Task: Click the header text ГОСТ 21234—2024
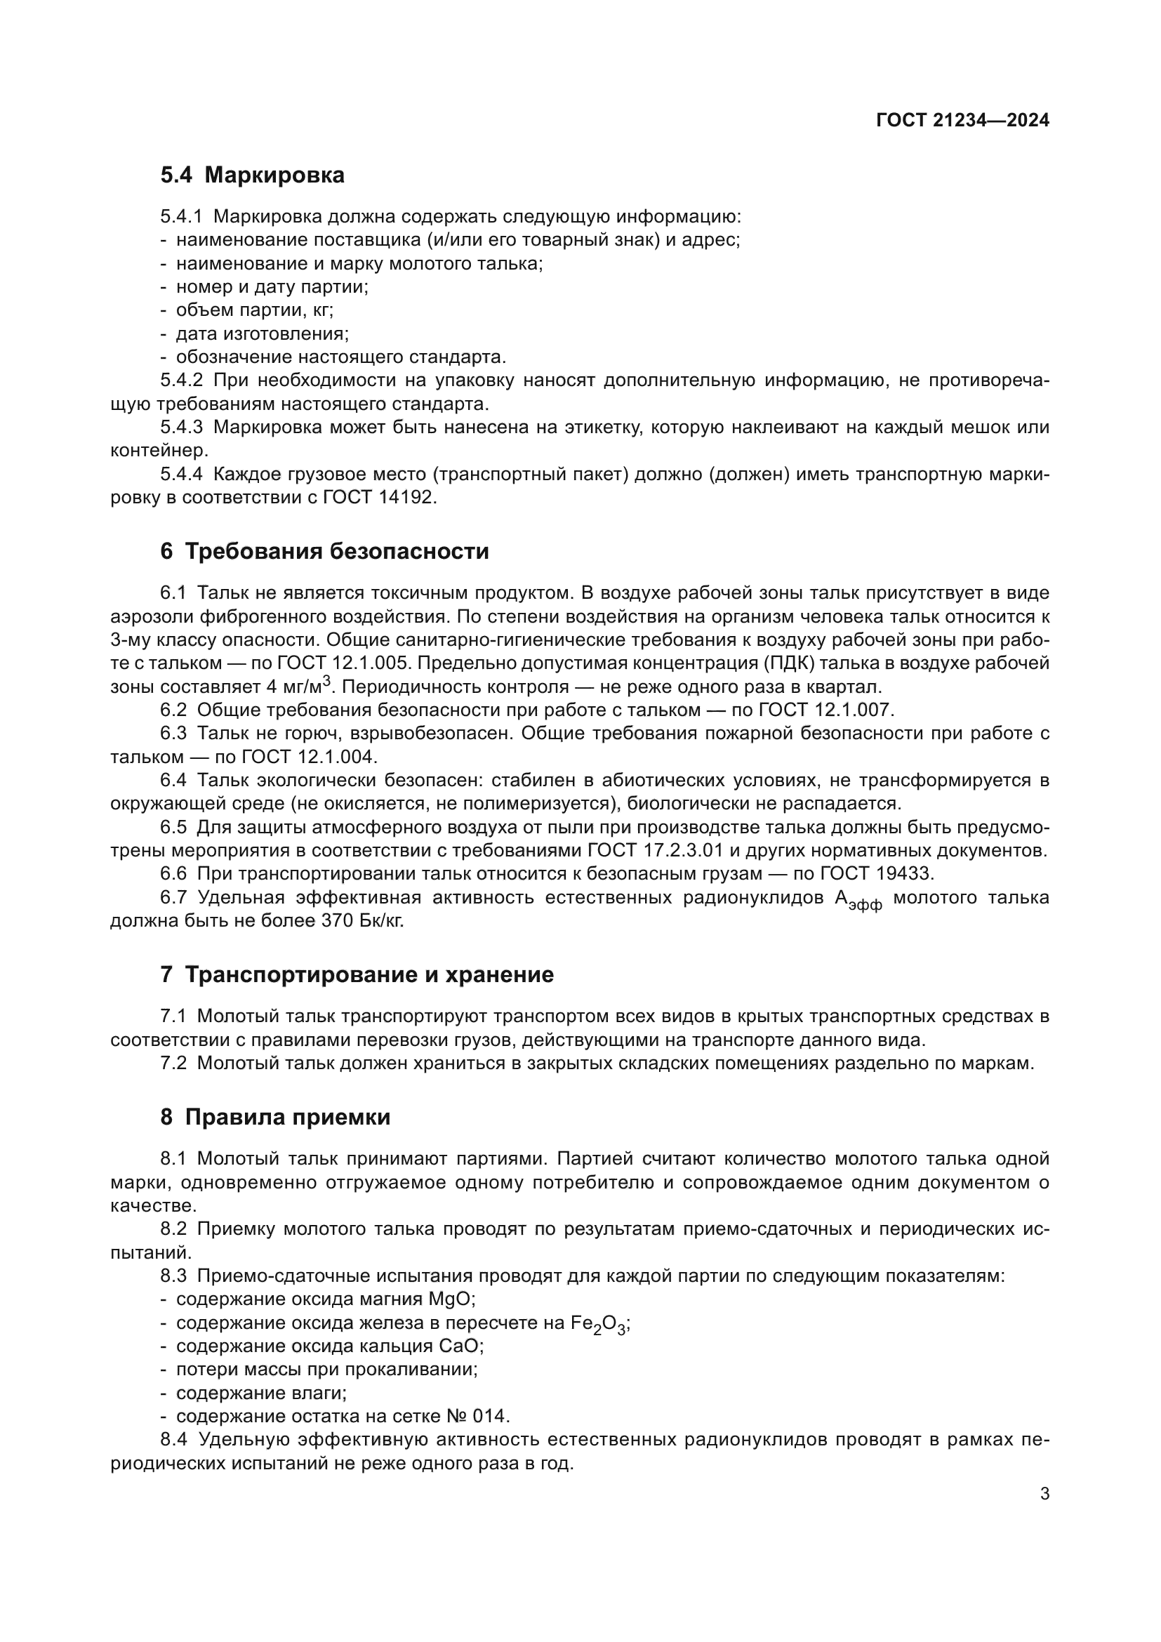click(962, 120)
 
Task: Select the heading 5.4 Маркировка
click(253, 176)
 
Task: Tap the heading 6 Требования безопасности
click(324, 551)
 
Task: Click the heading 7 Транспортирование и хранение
click(357, 975)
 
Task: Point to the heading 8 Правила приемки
click(275, 1117)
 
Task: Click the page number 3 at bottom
click(1044, 1494)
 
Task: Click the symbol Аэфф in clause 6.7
click(858, 900)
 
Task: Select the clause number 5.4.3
click(182, 428)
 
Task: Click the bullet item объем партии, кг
click(255, 310)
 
